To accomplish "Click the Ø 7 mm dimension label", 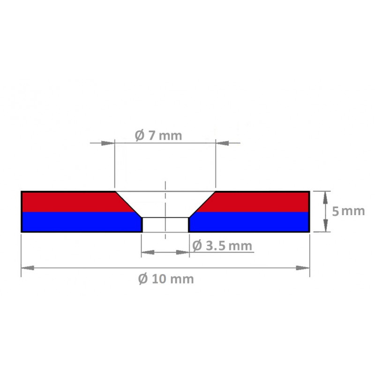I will coord(157,136).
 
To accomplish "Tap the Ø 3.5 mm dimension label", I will coord(222,246).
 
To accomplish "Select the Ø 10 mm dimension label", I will coord(166,279).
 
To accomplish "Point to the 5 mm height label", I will coord(348,211).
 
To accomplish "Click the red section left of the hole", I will coord(70,202).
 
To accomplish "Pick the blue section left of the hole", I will coord(80,222).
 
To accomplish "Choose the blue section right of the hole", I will coord(248,222).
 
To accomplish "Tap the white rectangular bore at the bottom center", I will coord(165,225).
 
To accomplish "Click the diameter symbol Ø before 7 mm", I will coord(139,136).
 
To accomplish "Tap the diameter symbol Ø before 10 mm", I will coord(144,279).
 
